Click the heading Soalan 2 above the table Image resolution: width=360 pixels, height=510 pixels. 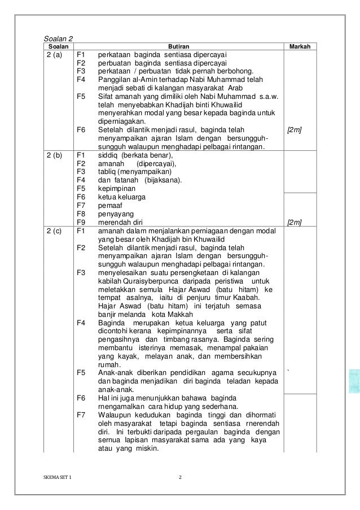59,38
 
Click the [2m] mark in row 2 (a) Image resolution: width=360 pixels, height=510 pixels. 294,130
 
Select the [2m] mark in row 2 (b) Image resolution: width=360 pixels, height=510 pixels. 294,223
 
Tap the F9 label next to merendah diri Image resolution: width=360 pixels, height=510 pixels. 80,223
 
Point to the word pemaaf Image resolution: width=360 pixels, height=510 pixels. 109,206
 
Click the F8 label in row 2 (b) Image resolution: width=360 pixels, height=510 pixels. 80,214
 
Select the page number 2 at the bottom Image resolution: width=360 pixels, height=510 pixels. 180,479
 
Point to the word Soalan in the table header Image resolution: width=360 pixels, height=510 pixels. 56,46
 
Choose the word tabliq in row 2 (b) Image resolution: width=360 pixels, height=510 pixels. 106,171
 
